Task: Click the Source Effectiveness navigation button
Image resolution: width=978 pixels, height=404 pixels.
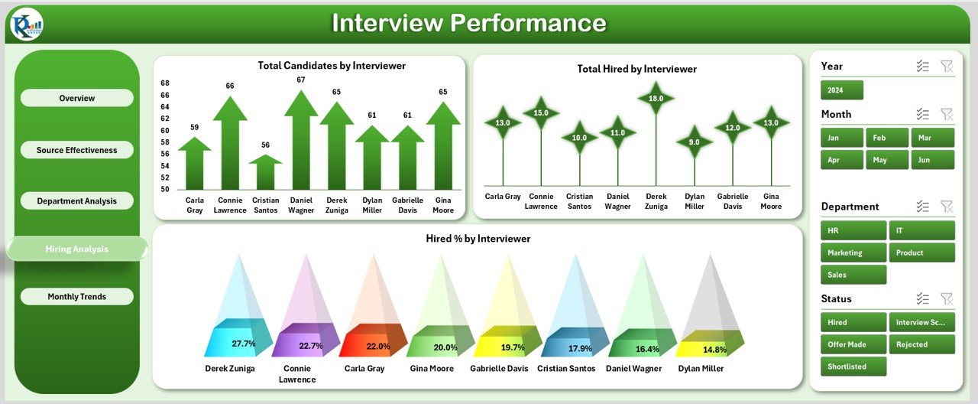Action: (x=77, y=150)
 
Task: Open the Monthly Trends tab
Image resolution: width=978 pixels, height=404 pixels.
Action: (x=77, y=296)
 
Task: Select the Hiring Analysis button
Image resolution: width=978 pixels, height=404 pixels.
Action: (x=77, y=249)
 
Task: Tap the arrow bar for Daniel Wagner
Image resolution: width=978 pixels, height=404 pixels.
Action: (x=301, y=140)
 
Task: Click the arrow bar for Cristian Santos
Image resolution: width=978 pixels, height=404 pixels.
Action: (x=265, y=172)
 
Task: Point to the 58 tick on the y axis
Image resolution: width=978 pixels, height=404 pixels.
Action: (x=165, y=142)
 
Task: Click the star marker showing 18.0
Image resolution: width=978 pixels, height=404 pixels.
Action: (x=656, y=99)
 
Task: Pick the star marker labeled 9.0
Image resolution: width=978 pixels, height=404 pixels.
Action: (x=695, y=142)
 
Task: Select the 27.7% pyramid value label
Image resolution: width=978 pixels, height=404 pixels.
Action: (x=244, y=344)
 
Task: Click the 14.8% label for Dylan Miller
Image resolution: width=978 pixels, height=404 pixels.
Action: (x=714, y=350)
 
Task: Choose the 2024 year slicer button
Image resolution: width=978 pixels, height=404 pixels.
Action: (x=842, y=90)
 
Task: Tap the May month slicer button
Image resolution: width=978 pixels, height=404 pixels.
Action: (x=887, y=160)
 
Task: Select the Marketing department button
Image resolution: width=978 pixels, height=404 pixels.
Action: (x=853, y=252)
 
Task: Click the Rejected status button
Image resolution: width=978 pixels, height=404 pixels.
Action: (x=922, y=344)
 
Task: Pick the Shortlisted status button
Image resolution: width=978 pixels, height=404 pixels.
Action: (x=853, y=367)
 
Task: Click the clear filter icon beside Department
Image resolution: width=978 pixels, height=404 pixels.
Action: (x=947, y=207)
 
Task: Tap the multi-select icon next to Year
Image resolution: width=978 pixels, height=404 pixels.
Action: (x=922, y=66)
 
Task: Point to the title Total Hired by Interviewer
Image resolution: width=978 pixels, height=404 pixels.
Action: (x=637, y=69)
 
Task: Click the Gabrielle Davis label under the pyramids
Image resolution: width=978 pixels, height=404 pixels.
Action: (x=499, y=369)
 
